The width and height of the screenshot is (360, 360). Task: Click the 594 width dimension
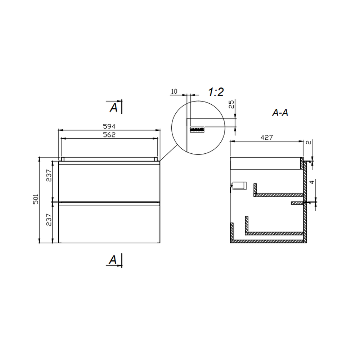tap(109, 126)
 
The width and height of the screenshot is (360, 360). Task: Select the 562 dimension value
tap(109, 135)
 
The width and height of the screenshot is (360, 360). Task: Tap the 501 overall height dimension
tap(36, 199)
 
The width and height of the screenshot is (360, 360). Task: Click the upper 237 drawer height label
tap(49, 175)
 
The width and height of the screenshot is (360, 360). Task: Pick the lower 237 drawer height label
tap(49, 220)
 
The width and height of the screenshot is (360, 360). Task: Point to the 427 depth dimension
tap(267, 137)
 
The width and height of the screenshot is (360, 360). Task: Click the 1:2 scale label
tap(216, 92)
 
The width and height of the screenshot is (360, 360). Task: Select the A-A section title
tap(280, 112)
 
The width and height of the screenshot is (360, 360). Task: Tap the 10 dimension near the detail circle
tap(174, 91)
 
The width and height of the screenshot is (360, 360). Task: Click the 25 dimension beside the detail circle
tap(231, 104)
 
